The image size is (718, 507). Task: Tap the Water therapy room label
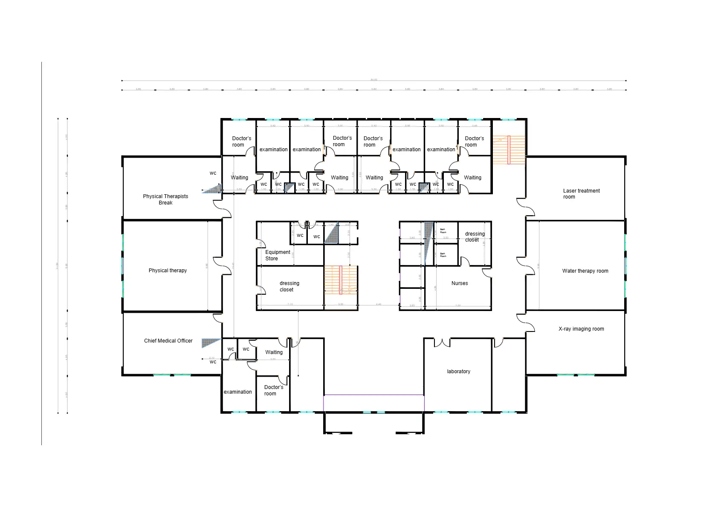pos(585,271)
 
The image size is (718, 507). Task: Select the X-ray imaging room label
pos(581,329)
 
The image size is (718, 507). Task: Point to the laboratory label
pos(458,372)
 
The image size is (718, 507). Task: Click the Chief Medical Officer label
pos(168,341)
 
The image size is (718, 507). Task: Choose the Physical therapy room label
pos(168,271)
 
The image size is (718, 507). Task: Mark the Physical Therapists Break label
pos(165,199)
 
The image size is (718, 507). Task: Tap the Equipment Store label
pos(277,255)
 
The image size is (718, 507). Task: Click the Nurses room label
pos(460,283)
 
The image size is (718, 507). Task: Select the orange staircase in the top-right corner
pos(509,150)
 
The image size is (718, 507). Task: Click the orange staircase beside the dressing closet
pos(340,280)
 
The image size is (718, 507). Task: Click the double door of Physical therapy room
pos(223,266)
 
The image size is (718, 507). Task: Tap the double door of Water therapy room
pos(525,266)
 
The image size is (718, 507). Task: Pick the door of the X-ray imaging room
pos(526,323)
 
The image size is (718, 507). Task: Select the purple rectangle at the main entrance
pos(373,403)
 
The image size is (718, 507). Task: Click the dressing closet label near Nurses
pos(475,237)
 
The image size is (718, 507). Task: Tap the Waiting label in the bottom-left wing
pos(274,352)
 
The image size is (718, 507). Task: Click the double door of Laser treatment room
pos(525,207)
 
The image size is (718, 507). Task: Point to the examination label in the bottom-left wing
pos(237,392)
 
